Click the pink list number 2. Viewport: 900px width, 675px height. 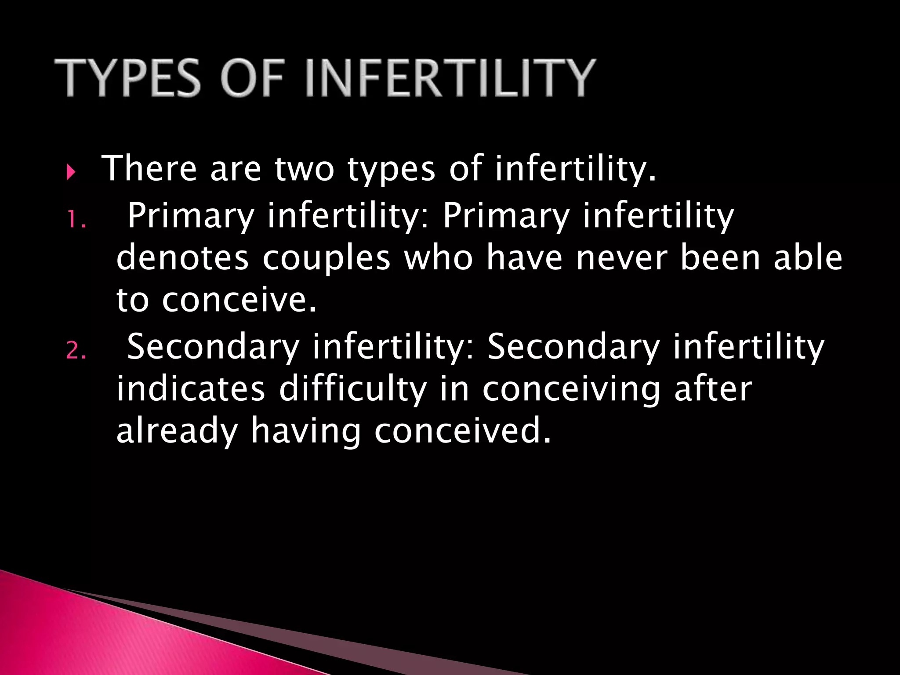(x=76, y=351)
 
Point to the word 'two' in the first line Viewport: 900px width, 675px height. (x=304, y=169)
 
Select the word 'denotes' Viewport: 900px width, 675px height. (x=182, y=258)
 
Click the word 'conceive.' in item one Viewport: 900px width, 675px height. (x=239, y=301)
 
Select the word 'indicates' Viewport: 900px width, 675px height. (x=191, y=389)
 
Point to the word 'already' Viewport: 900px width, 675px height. (x=177, y=432)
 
